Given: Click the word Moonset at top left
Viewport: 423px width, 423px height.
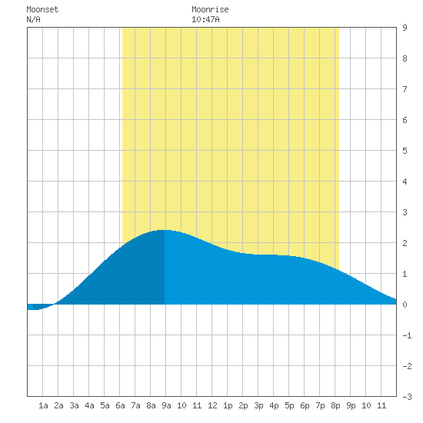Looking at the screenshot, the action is [x=42, y=9].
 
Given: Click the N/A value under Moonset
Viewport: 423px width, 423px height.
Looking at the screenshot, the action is [x=33, y=19].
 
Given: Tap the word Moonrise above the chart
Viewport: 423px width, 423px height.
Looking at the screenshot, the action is [x=210, y=9].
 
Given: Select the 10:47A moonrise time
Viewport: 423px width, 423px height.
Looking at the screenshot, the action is [x=205, y=19].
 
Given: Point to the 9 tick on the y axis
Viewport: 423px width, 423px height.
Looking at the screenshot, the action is [x=405, y=28].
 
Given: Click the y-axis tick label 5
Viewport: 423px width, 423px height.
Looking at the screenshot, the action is [x=405, y=151].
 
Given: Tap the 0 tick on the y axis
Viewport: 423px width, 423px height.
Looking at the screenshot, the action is [x=405, y=305].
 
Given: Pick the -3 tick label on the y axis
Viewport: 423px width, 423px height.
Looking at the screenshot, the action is [x=407, y=397].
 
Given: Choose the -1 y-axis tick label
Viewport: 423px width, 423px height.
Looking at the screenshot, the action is [x=407, y=335].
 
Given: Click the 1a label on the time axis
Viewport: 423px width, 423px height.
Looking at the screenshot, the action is [x=43, y=405].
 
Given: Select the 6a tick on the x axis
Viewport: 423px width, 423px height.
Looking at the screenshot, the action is [x=120, y=405].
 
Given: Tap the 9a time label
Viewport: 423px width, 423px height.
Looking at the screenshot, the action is [x=166, y=405].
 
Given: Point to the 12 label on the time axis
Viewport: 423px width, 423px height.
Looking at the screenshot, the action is [x=212, y=405].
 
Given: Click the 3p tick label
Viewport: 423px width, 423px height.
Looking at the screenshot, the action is [x=258, y=405].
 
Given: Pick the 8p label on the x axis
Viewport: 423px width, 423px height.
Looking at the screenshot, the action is [x=335, y=405].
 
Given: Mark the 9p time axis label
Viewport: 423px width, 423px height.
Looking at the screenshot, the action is [x=351, y=405].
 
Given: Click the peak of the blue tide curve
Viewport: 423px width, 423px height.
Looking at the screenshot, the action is [x=165, y=230].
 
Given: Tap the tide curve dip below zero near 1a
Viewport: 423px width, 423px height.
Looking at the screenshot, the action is [x=35, y=309].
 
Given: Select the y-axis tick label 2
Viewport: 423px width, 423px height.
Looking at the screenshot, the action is [x=405, y=243].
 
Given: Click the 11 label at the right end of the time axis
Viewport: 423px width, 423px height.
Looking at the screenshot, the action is [x=381, y=405].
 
